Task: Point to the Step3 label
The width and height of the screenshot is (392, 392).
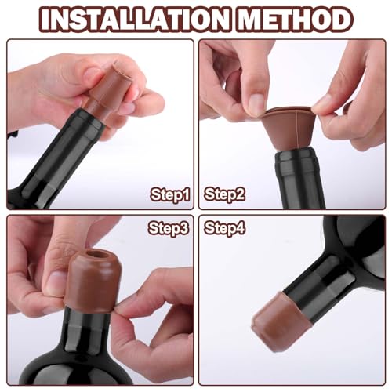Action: point(169,228)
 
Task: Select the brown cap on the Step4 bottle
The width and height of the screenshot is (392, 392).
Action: point(278,322)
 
